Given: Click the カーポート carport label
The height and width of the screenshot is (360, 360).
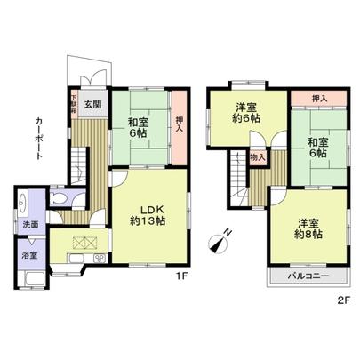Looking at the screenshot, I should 38,138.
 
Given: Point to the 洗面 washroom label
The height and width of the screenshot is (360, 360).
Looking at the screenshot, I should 30,226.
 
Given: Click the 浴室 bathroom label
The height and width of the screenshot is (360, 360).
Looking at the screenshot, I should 30,256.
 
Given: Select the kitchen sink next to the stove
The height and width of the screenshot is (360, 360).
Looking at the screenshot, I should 99,258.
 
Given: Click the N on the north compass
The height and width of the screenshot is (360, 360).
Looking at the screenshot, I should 226,234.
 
